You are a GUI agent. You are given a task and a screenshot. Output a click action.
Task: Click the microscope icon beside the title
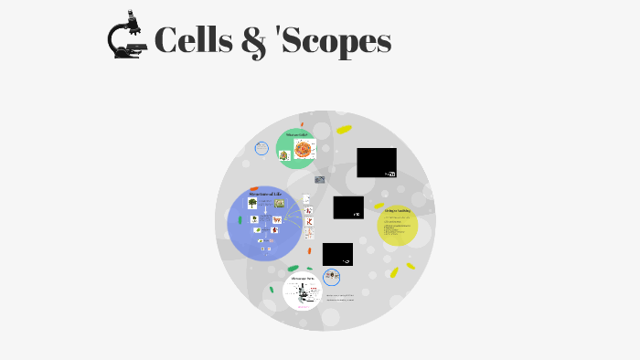(127, 37)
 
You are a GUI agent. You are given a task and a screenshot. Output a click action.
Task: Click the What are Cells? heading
(297, 134)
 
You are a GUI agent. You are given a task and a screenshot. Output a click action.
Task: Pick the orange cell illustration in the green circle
(304, 149)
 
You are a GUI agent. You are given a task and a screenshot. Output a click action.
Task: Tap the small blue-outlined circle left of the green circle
(261, 148)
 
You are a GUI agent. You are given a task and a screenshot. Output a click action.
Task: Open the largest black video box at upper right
(376, 162)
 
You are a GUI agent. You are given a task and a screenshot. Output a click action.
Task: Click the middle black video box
(348, 207)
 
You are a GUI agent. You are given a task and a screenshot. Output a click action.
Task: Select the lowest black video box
(337, 254)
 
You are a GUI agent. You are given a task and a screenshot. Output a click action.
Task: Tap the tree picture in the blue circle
(252, 203)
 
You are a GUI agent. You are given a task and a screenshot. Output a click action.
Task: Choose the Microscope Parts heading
(302, 279)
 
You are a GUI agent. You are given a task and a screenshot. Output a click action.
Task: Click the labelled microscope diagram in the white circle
(301, 294)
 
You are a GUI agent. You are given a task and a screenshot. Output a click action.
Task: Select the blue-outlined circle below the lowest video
(331, 277)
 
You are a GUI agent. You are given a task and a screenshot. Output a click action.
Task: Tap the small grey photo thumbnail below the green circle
(319, 180)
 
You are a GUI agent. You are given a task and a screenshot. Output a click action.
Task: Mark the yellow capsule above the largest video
(344, 130)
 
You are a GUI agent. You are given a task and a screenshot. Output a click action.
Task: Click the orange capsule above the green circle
(302, 124)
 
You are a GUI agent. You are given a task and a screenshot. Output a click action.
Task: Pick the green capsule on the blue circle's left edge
(240, 219)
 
